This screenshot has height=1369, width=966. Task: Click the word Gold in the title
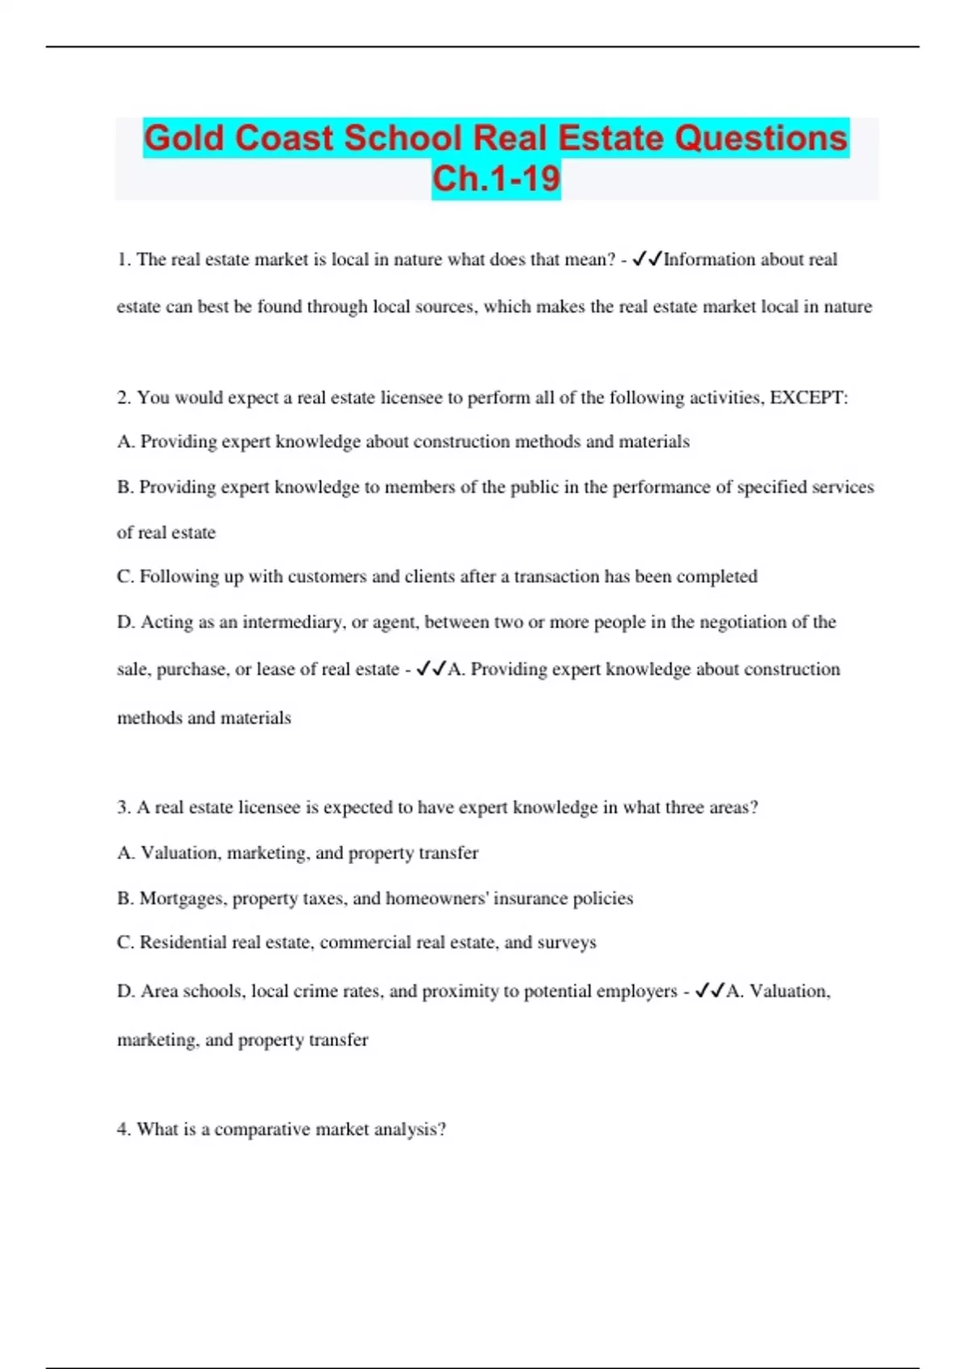(x=184, y=138)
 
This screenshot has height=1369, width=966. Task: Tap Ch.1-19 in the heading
(x=496, y=179)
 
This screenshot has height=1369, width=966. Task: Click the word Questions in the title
(x=761, y=138)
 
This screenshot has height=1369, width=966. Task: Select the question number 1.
(x=123, y=259)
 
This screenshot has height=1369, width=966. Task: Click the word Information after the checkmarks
(x=709, y=259)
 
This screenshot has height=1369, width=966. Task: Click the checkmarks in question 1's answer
(x=647, y=259)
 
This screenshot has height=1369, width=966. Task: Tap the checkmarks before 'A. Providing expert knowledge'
(x=431, y=669)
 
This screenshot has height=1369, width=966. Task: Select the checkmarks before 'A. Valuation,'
(x=710, y=991)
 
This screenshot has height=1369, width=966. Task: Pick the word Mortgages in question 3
(x=181, y=899)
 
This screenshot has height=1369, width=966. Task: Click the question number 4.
(x=123, y=1130)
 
